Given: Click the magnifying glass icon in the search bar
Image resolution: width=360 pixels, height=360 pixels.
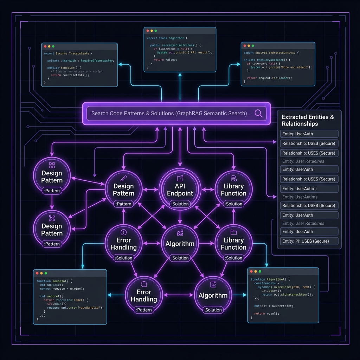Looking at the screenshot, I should click(x=258, y=113).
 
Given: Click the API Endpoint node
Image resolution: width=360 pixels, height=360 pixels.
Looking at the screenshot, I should click(x=180, y=190).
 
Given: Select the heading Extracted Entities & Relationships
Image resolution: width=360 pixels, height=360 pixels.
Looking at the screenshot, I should click(x=308, y=120).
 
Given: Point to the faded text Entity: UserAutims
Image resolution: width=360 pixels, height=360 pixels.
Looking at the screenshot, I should click(x=300, y=197).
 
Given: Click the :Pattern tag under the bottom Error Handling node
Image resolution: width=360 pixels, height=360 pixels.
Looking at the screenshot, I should click(x=144, y=310).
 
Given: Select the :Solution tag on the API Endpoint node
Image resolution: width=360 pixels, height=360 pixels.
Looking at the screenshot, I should click(x=180, y=204).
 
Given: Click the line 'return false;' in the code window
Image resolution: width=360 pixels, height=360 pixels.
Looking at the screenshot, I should click(x=165, y=60).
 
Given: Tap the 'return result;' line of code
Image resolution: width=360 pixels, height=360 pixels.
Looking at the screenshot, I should click(x=266, y=313).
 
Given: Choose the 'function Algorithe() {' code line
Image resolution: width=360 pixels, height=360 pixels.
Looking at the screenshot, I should click(x=270, y=279).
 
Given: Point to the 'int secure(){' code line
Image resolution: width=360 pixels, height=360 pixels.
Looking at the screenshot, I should click(x=51, y=296).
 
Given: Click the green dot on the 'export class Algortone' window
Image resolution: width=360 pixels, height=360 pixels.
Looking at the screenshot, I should click(x=157, y=31).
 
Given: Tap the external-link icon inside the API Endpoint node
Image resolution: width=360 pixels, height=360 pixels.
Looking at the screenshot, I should click(x=180, y=178).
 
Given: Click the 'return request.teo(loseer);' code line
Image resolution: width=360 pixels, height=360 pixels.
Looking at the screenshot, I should click(x=267, y=78).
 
